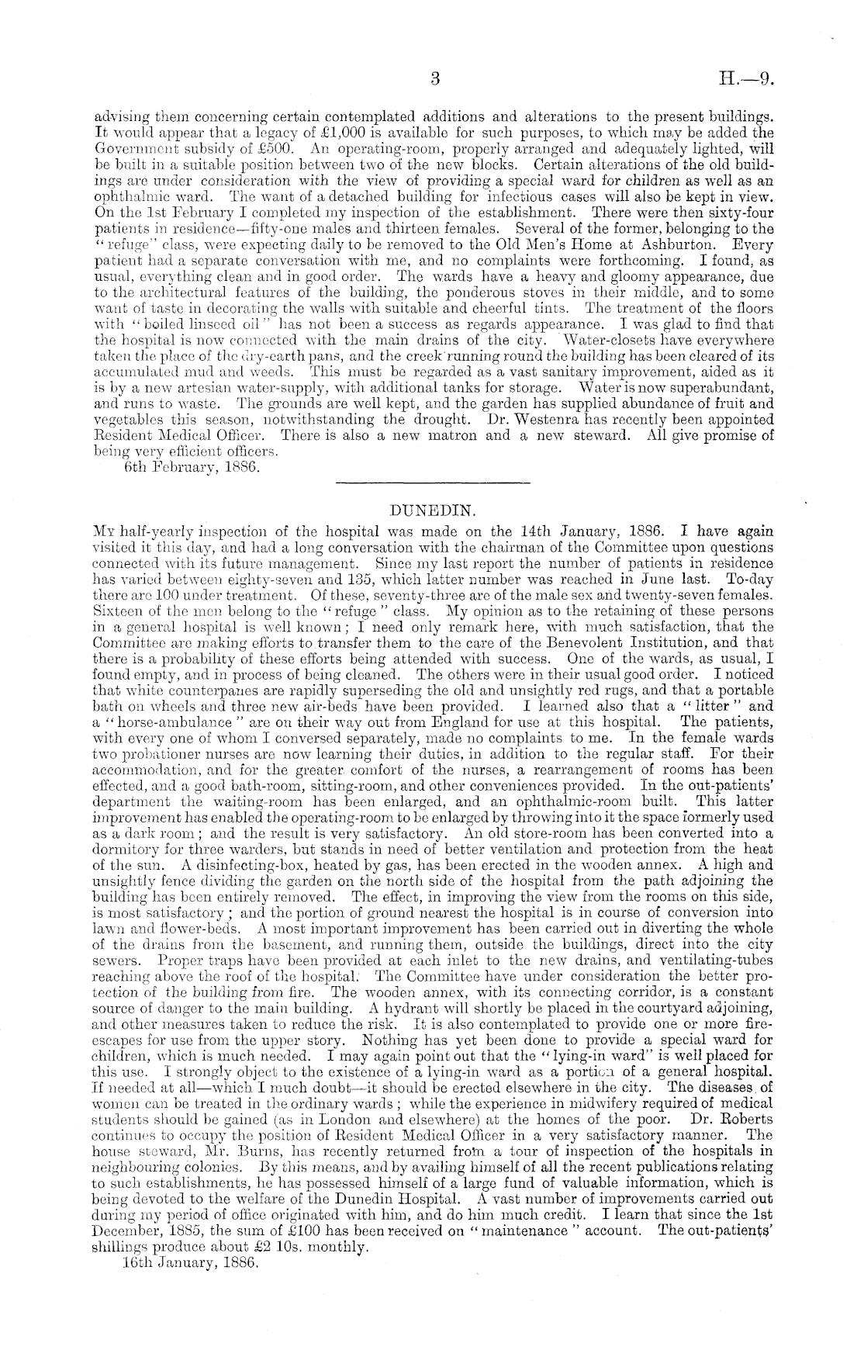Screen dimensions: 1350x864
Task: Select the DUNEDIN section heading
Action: tap(430, 511)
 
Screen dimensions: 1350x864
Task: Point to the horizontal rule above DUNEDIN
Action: tap(430, 485)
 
